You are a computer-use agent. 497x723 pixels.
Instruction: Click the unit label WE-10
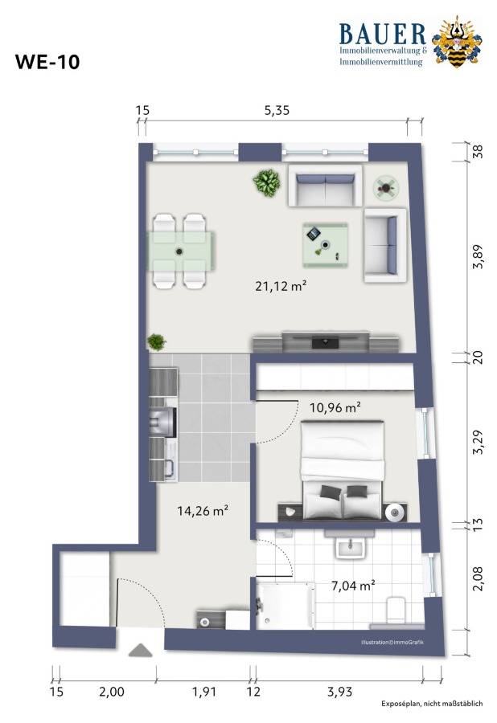tap(47, 62)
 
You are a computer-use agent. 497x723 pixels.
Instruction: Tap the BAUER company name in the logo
tap(383, 34)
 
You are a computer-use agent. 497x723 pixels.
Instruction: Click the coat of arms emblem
tap(457, 42)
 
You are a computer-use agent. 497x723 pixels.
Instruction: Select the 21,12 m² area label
tap(281, 286)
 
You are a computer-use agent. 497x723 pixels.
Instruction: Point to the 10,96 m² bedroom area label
tap(335, 407)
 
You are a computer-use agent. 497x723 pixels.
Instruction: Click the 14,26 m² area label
tap(203, 510)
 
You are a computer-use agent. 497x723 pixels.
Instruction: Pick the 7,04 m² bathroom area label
tap(353, 586)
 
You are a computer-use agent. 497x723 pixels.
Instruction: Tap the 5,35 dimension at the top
tap(277, 110)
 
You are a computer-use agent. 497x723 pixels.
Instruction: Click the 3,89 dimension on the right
tap(478, 256)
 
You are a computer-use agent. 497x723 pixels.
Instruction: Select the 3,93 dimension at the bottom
tap(339, 692)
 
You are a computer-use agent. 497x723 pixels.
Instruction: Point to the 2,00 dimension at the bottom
tap(112, 692)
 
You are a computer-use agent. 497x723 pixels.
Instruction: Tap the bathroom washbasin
tap(351, 547)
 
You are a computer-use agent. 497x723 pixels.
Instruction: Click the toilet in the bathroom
tap(396, 610)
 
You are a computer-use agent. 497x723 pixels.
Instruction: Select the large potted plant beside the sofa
tap(267, 182)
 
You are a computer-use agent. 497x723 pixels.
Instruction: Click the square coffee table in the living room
tap(326, 245)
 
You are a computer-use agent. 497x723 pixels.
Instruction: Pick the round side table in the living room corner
tap(386, 188)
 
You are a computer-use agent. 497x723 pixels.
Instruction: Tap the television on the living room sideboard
tap(326, 342)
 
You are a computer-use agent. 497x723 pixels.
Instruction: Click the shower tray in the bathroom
tap(285, 606)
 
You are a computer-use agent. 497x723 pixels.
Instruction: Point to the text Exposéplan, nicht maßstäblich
tap(432, 704)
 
